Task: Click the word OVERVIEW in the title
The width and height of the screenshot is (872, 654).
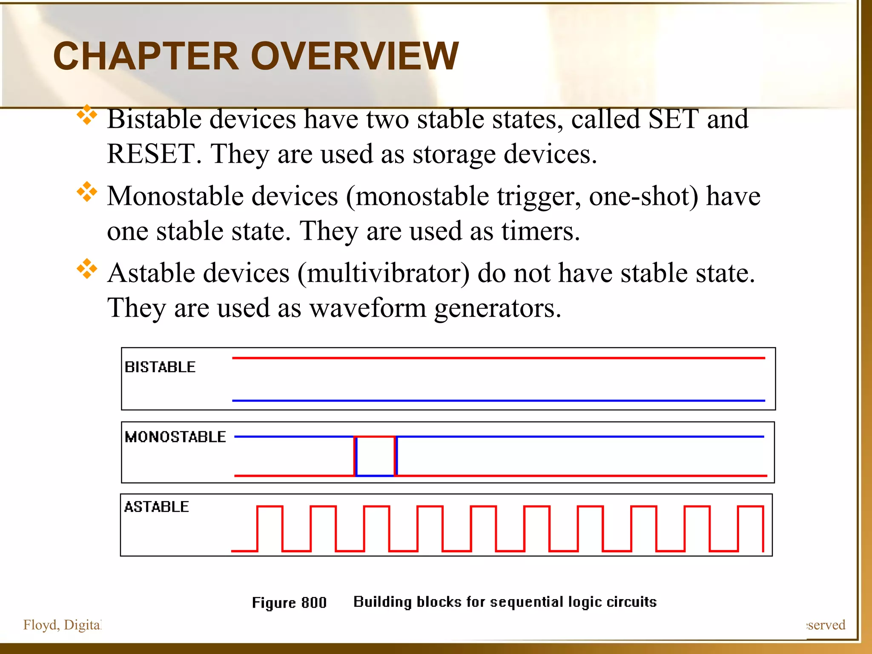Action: click(x=355, y=56)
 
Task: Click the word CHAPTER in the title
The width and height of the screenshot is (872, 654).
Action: click(x=146, y=56)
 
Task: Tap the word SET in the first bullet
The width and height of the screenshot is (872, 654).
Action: click(x=673, y=119)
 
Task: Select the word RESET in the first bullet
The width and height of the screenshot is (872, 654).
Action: click(x=151, y=154)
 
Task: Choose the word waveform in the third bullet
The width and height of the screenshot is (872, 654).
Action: click(x=367, y=308)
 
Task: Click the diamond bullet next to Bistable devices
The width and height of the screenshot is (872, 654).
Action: click(x=87, y=115)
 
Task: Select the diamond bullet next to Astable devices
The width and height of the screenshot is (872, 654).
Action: click(x=87, y=269)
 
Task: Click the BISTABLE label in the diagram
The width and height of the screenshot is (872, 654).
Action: click(x=160, y=367)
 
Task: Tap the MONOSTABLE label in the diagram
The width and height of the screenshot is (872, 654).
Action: click(x=175, y=437)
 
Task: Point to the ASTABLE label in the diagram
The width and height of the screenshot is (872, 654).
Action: click(x=156, y=507)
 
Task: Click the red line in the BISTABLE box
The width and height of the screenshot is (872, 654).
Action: click(x=498, y=358)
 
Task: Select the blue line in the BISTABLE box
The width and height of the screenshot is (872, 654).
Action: click(x=498, y=401)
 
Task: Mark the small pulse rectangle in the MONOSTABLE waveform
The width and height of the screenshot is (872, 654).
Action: click(x=376, y=456)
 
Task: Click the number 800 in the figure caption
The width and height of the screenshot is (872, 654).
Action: click(x=314, y=603)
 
